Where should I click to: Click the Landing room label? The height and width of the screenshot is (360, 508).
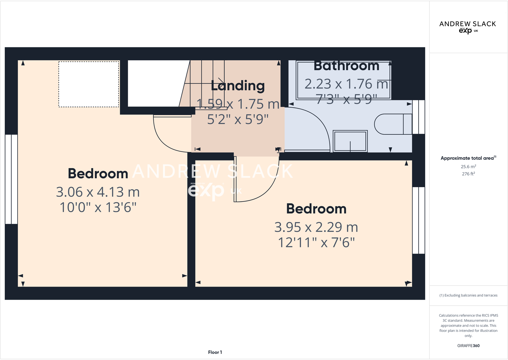[238, 86]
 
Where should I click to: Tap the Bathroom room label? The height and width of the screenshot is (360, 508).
[346, 65]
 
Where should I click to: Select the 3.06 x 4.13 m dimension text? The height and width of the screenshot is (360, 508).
[98, 192]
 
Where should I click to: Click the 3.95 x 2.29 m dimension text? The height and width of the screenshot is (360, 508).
[316, 227]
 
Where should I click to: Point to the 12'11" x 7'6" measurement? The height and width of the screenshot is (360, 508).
[316, 242]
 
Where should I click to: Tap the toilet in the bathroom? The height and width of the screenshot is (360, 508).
[393, 124]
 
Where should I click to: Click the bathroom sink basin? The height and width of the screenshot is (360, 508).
[350, 141]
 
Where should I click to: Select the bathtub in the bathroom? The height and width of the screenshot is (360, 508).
[343, 80]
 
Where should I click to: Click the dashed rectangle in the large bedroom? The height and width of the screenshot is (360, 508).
[89, 84]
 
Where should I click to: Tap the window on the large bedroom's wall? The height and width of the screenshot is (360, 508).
[11, 179]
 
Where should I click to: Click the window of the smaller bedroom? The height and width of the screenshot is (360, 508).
[419, 220]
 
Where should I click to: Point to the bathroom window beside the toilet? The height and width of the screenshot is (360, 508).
[419, 117]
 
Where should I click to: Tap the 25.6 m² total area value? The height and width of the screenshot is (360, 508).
[468, 166]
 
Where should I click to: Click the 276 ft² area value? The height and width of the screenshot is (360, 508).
[468, 174]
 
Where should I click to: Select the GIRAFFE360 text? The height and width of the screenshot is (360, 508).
[468, 346]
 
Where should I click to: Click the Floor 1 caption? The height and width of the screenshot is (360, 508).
[215, 352]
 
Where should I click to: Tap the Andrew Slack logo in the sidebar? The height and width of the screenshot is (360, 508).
[467, 27]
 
